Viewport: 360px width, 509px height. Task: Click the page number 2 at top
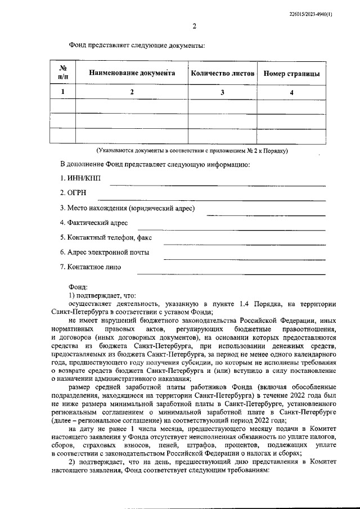(194, 26)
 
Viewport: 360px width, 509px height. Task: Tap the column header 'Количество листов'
(223, 74)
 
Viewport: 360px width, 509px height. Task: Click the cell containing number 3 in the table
(223, 92)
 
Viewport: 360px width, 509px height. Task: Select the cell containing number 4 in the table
(291, 92)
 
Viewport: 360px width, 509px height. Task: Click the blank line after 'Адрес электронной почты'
(244, 259)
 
